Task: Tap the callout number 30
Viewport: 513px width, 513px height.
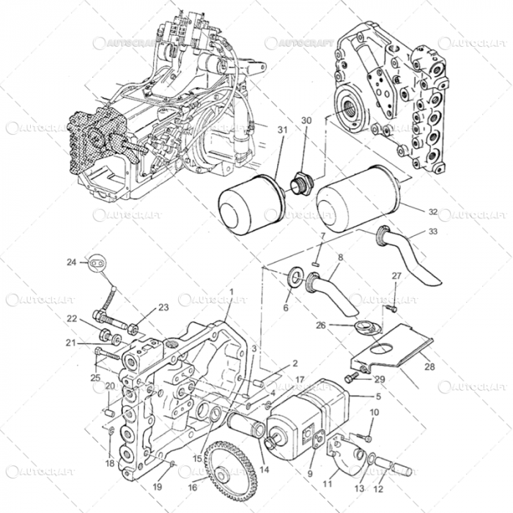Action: point(306,120)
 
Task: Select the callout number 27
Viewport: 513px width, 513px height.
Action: point(396,276)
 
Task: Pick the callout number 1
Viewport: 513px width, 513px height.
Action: point(231,291)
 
